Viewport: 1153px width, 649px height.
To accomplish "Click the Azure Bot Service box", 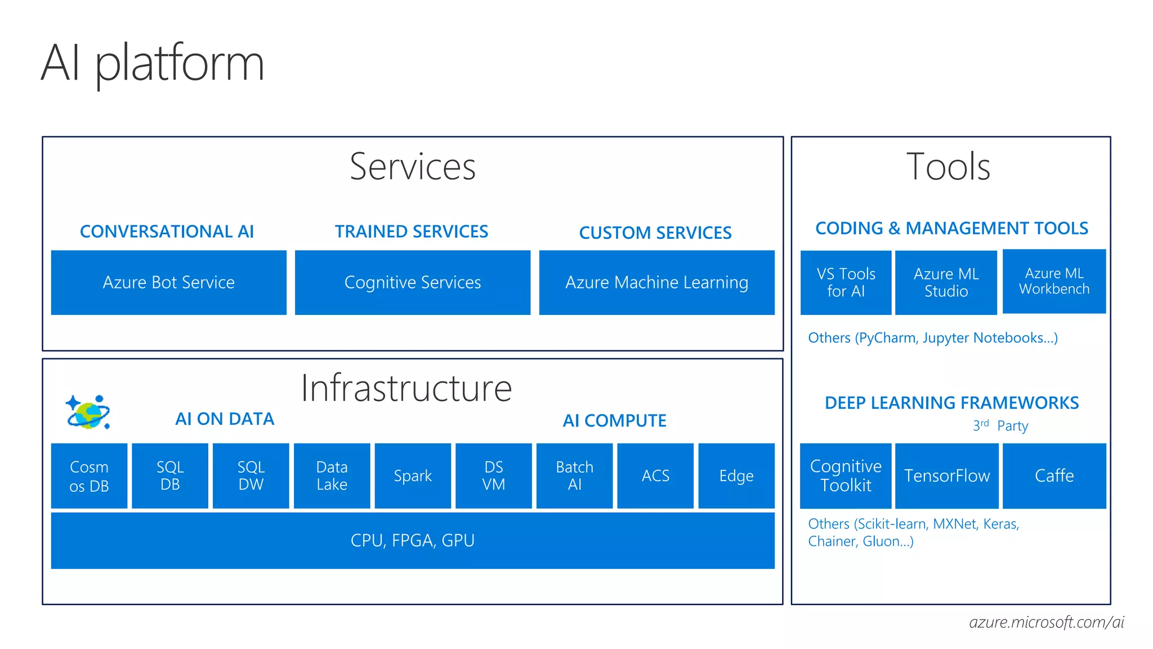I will [x=168, y=282].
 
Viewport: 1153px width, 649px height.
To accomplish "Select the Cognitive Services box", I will [x=412, y=282].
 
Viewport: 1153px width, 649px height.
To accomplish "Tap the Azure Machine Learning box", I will [x=656, y=282].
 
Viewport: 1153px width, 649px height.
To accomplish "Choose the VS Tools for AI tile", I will [x=846, y=282].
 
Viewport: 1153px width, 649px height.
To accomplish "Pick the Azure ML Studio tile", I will [x=946, y=282].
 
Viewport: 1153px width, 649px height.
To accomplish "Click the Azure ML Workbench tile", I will [x=1054, y=281].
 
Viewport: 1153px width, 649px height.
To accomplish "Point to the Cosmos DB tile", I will [x=89, y=476].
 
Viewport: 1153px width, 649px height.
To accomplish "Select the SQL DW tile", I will [x=251, y=476].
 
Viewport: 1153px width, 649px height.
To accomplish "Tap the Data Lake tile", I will [x=332, y=476].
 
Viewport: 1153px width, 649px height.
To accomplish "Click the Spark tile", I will [x=413, y=476].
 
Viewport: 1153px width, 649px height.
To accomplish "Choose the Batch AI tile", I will [x=574, y=476].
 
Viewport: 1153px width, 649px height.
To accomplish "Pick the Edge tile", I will [x=736, y=476].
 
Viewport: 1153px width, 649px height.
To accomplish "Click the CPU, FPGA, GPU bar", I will [x=412, y=540].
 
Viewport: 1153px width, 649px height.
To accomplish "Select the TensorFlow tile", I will [x=946, y=476].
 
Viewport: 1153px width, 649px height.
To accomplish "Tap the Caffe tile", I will [x=1054, y=476].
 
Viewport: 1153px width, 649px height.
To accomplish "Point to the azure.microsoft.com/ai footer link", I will [x=1046, y=622].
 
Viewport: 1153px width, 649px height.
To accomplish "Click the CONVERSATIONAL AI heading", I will [x=167, y=232].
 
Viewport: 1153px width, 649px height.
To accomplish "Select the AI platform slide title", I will [x=153, y=63].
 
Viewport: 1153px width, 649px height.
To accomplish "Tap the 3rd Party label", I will [x=1000, y=426].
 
